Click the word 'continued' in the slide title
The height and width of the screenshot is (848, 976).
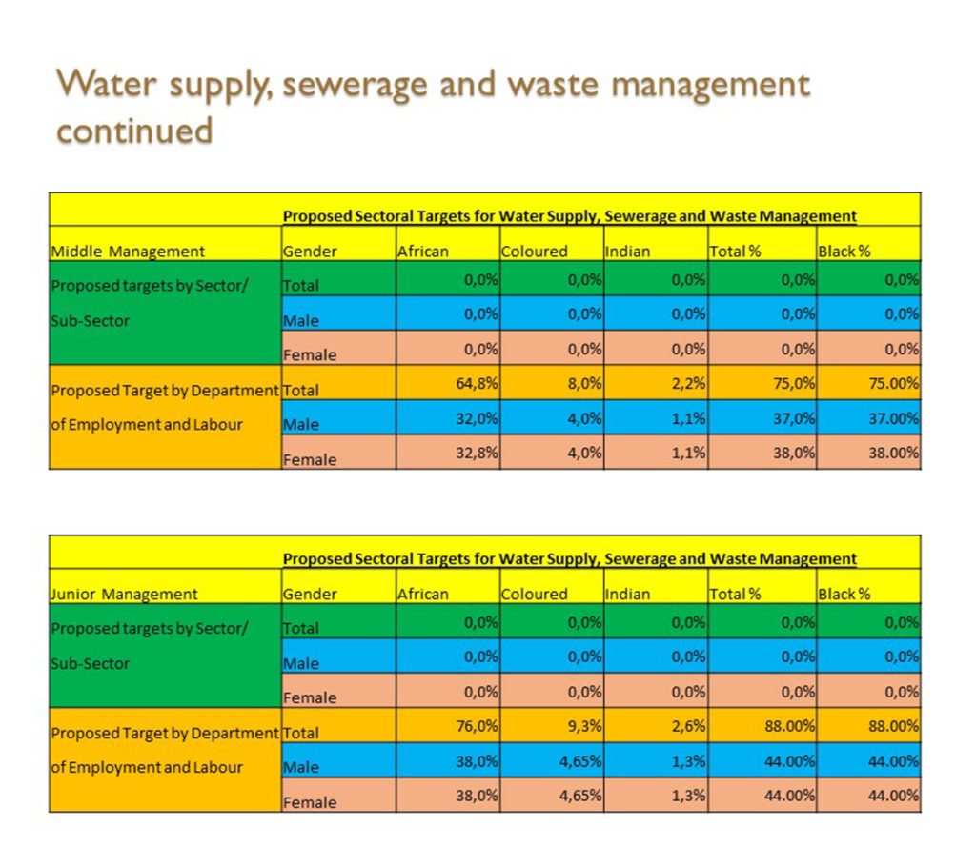[134, 131]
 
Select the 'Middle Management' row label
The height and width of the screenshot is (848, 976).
[127, 252]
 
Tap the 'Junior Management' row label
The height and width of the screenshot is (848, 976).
[124, 594]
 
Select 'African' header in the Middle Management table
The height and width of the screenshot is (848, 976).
[423, 252]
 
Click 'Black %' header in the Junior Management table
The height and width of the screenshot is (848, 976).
[844, 594]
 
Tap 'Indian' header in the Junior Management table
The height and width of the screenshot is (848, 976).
[627, 594]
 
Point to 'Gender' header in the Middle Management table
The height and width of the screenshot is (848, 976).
[310, 252]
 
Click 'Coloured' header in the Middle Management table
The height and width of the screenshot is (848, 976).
[534, 252]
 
